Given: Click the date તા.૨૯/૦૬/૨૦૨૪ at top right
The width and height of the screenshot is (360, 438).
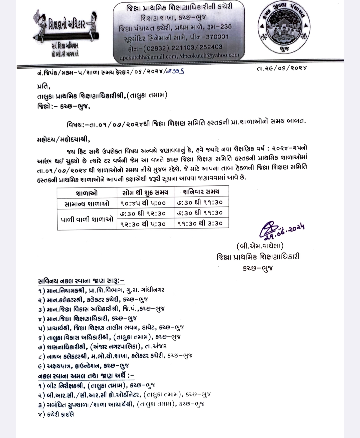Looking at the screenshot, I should pyautogui.click(x=282, y=68).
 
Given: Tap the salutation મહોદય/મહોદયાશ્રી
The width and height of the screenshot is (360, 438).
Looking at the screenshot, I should pyautogui.click(x=63, y=139).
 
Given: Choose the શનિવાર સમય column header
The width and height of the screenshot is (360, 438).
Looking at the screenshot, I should pyautogui.click(x=201, y=191).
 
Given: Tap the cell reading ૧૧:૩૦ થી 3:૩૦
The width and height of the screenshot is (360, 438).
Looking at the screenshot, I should pyautogui.click(x=201, y=223).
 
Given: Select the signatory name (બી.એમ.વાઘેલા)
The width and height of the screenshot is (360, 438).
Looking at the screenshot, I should pyautogui.click(x=260, y=246).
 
